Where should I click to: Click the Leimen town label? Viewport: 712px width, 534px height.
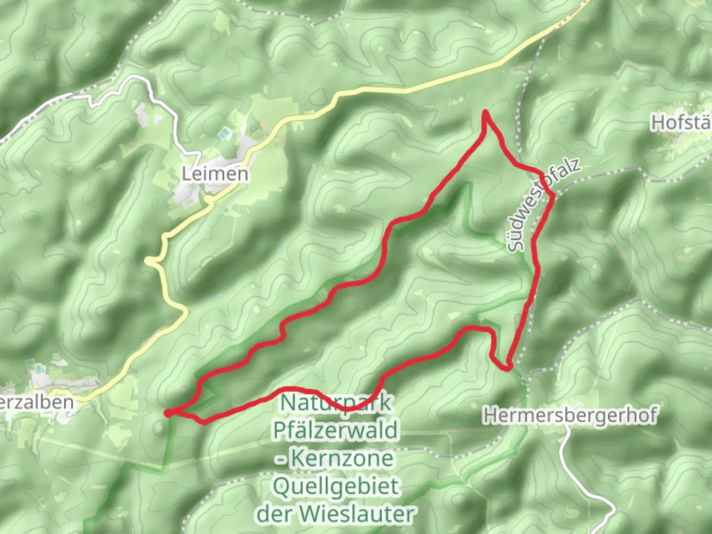coord(215,174)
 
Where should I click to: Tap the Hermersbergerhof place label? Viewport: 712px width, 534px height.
coord(570,415)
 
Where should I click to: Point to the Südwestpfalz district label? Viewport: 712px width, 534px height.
coord(542,205)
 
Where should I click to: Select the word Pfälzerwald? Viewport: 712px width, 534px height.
coord(335,430)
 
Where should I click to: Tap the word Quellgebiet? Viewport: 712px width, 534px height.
coord(336,487)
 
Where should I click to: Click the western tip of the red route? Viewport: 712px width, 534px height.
coord(169,413)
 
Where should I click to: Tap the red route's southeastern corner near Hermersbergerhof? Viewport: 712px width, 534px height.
coord(508,367)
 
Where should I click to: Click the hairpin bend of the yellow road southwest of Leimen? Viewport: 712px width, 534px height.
coord(150,260)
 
